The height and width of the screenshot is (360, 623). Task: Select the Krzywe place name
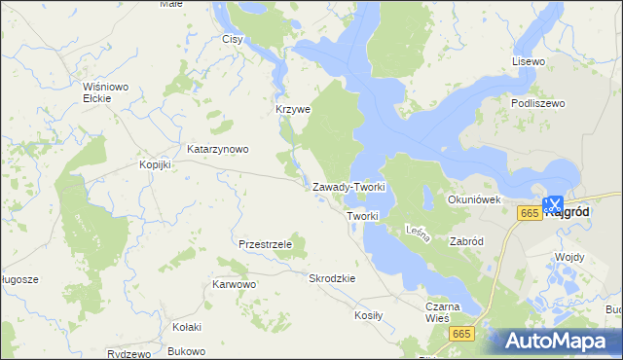(x=292, y=109)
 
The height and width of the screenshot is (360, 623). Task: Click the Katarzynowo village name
(x=218, y=149)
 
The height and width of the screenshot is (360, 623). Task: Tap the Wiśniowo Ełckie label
(x=106, y=91)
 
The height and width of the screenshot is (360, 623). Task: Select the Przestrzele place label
(x=265, y=244)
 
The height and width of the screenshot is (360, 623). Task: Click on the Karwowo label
(x=234, y=285)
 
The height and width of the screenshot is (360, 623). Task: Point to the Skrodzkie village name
(x=332, y=278)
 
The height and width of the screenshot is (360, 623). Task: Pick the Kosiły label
(x=369, y=315)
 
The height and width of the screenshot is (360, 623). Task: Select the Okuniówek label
(x=473, y=199)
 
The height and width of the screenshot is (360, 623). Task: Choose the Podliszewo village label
(x=537, y=102)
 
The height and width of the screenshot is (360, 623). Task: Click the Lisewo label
(x=529, y=61)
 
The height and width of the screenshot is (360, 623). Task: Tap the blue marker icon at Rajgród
(x=552, y=204)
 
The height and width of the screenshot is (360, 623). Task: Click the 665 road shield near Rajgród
(x=530, y=213)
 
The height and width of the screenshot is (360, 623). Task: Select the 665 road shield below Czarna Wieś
(x=461, y=334)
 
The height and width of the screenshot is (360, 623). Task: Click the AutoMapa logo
(x=560, y=341)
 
